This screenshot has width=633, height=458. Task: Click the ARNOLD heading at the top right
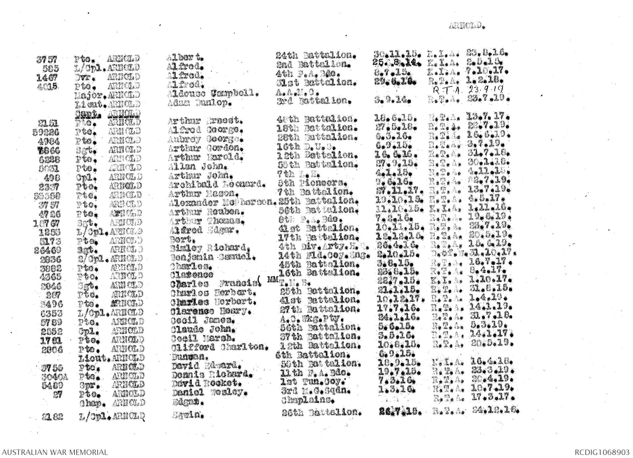467,26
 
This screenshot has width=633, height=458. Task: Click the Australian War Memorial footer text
54,452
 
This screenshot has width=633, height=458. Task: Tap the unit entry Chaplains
308,400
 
